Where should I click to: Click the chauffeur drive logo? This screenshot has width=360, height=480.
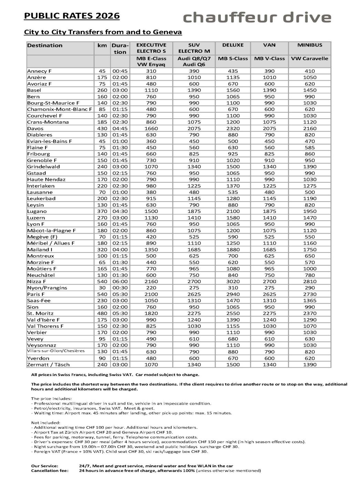click(257, 17)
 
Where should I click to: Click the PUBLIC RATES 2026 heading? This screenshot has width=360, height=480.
click(72, 16)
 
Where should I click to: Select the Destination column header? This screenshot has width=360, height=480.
click(45, 45)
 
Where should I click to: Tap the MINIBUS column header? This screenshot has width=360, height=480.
click(310, 45)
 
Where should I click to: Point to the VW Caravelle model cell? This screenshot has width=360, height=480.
click(310, 59)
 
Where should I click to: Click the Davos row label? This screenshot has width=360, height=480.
click(35, 129)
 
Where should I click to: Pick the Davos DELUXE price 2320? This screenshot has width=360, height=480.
click(233, 129)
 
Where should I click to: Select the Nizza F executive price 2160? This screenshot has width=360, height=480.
click(151, 282)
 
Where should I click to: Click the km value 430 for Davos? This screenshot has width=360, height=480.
click(102, 129)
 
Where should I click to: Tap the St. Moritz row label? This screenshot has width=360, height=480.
click(40, 314)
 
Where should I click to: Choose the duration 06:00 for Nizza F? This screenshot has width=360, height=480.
click(120, 282)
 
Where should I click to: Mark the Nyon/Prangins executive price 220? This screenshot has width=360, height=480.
click(151, 288)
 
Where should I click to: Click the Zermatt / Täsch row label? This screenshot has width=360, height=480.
click(48, 365)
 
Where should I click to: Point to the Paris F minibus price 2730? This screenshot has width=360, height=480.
click(310, 294)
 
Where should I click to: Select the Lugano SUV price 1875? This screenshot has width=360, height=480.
click(194, 211)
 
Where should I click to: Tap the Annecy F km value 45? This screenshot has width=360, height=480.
click(102, 71)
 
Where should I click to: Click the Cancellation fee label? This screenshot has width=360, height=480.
click(50, 471)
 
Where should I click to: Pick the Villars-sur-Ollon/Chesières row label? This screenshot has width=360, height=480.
click(56, 351)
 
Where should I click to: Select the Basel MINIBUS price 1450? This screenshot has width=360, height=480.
click(310, 90)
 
